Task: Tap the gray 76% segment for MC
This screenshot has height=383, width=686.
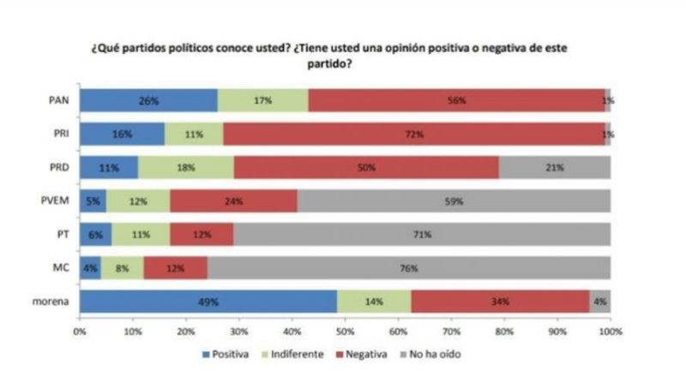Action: coord(408,267)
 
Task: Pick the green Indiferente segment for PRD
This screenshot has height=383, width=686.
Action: coord(186,167)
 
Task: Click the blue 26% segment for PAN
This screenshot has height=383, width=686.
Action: coord(149,100)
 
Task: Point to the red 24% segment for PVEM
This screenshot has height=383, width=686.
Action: coord(234,200)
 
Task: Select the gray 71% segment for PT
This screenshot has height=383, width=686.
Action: coord(422,234)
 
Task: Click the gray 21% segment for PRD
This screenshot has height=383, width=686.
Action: coord(555,167)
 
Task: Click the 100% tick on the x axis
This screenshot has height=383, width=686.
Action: coord(609,329)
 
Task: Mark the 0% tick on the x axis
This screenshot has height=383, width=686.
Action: coord(80,329)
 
